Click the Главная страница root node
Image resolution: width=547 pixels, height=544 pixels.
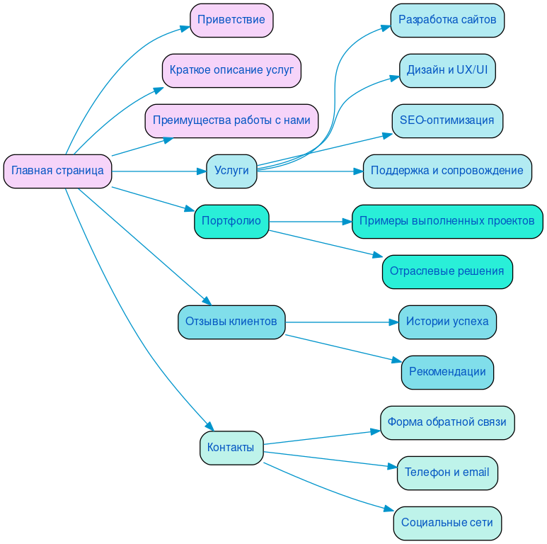click(x=57, y=171)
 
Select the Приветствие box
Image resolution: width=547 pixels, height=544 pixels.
click(x=231, y=20)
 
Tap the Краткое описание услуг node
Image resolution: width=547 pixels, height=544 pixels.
click(x=231, y=70)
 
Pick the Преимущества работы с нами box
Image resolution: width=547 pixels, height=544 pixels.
click(x=231, y=120)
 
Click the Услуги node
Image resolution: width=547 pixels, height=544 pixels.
click(x=231, y=171)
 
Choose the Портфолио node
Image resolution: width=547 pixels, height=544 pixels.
click(x=231, y=221)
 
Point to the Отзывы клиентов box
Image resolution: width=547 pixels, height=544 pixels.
click(x=231, y=322)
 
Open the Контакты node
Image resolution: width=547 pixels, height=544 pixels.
click(x=231, y=448)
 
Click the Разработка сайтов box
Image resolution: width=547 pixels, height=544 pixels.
click(x=447, y=20)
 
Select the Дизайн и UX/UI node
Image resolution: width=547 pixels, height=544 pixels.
click(x=447, y=70)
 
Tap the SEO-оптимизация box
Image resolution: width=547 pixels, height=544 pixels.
click(x=447, y=120)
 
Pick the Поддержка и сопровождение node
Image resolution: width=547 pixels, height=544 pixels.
click(x=447, y=171)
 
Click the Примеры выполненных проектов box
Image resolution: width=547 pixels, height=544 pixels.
click(x=447, y=221)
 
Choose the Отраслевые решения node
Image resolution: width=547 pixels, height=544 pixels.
click(x=447, y=271)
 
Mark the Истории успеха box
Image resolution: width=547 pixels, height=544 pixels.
click(x=447, y=322)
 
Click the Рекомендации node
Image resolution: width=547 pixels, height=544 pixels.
click(x=447, y=372)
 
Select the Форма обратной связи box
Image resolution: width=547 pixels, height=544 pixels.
click(x=447, y=422)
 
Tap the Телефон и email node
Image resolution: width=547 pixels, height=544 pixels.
click(x=447, y=472)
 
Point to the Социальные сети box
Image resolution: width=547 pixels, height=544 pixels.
click(x=447, y=523)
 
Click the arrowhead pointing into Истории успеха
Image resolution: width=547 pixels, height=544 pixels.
click(x=393, y=322)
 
